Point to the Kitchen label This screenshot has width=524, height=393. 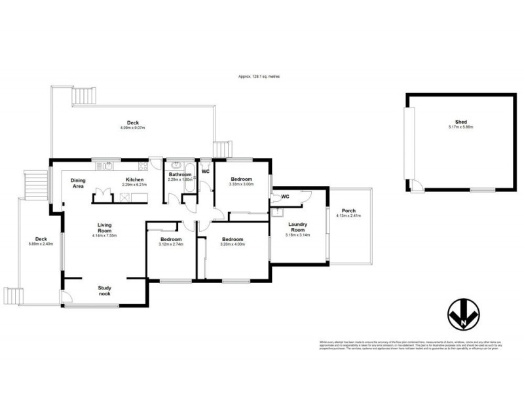tap(135, 179)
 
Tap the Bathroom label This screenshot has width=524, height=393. tap(179, 174)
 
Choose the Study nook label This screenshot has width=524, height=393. tap(105, 290)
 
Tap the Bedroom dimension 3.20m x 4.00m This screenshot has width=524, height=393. tap(233, 244)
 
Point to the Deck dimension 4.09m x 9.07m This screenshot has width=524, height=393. tap(133, 128)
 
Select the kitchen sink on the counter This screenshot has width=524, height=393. tap(107, 166)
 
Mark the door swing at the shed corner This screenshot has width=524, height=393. tap(414, 185)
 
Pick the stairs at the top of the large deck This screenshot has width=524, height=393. tap(86, 96)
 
